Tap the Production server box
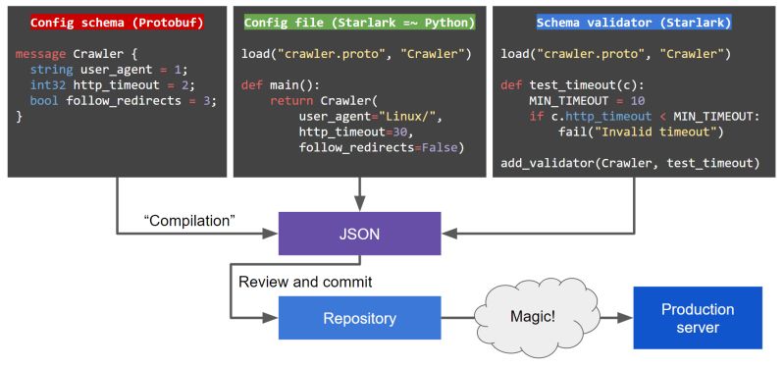[698, 318]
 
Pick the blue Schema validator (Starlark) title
[634, 22]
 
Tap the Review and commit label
[305, 282]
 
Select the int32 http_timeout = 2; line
[110, 85]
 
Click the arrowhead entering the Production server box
[627, 318]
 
